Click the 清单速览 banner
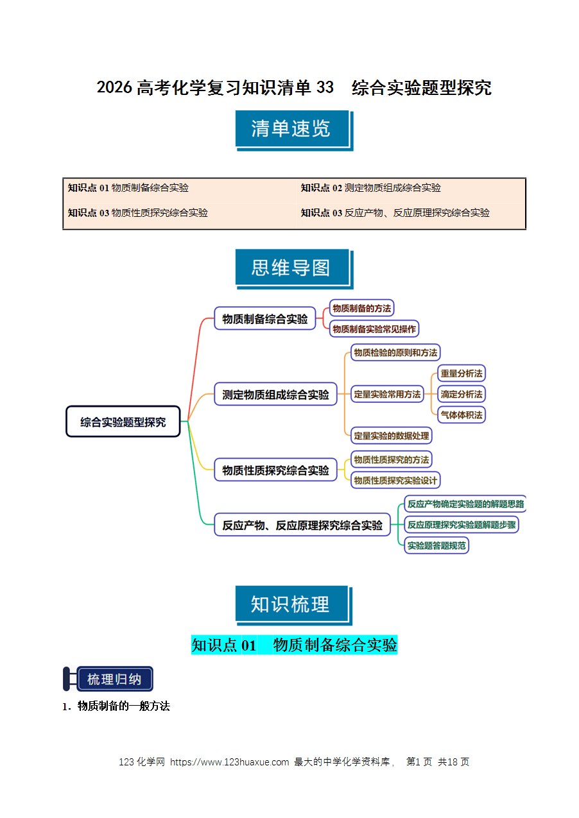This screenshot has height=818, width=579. click(x=294, y=130)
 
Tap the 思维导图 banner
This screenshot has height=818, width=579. click(x=294, y=269)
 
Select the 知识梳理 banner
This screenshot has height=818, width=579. click(x=294, y=606)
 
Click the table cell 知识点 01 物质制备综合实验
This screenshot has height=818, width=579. click(x=128, y=188)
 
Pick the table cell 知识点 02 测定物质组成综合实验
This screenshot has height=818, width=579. click(x=370, y=188)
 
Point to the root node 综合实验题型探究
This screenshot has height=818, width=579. click(x=123, y=422)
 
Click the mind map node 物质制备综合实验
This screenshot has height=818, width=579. click(x=265, y=318)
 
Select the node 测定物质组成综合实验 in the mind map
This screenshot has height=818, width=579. click(x=275, y=394)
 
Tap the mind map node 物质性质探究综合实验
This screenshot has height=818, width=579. click(x=275, y=470)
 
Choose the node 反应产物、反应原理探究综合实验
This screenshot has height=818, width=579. click(x=302, y=525)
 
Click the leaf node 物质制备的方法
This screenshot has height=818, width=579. click(x=361, y=308)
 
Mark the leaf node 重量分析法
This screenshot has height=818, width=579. click(x=461, y=373)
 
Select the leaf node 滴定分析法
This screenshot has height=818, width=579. click(x=461, y=394)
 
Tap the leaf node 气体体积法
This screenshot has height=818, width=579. click(x=461, y=415)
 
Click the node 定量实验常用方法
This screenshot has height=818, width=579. click(x=387, y=394)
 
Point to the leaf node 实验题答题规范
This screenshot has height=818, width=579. click(x=436, y=545)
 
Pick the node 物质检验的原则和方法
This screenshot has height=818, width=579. click(x=395, y=352)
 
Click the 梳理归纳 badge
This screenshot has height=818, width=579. click(x=108, y=679)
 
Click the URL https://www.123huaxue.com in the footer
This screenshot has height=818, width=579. click(x=229, y=762)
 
